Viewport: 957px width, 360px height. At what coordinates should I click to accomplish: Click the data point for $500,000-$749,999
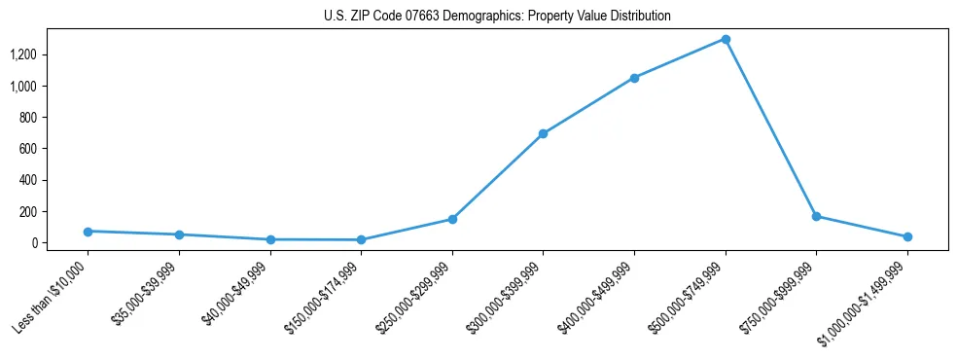coord(725,39)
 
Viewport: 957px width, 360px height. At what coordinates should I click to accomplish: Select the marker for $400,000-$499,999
coord(634,78)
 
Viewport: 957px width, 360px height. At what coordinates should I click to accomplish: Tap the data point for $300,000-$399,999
coord(543,133)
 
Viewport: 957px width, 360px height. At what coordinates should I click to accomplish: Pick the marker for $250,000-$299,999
coord(452,219)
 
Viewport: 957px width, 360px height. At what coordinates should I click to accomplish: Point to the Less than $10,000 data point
coord(88,232)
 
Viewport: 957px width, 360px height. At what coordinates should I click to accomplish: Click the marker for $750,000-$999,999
coord(816,216)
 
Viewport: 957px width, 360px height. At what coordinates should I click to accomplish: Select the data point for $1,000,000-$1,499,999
coord(907,236)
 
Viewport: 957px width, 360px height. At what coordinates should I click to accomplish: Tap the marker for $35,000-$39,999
coord(179,234)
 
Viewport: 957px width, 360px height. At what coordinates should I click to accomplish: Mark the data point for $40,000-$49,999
coord(270,239)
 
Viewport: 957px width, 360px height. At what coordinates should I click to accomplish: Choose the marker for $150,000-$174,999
coord(361,239)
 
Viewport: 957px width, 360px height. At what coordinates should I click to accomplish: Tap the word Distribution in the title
coord(638,17)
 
